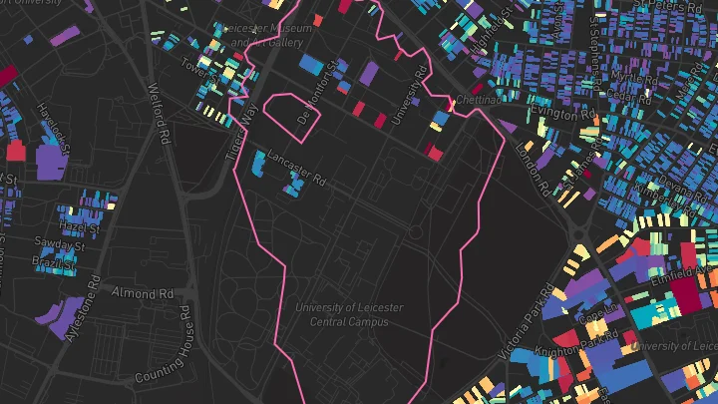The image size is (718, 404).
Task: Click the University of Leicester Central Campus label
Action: coord(341,314)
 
